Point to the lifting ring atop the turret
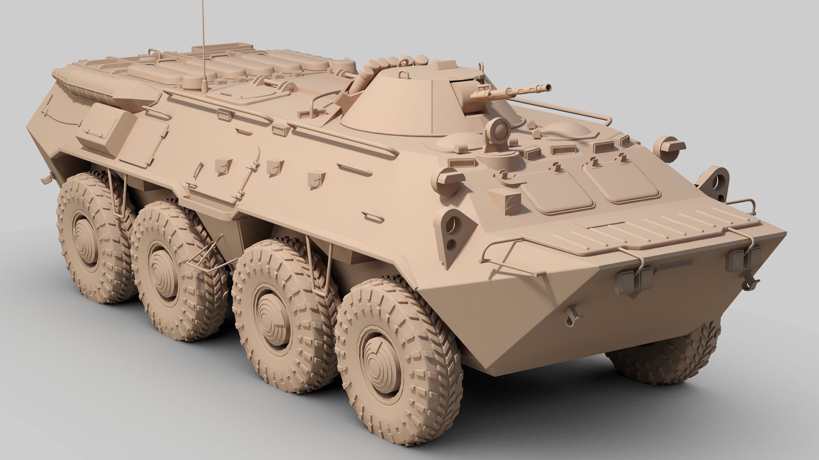click(403, 75)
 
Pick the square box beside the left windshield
click(504, 201)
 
